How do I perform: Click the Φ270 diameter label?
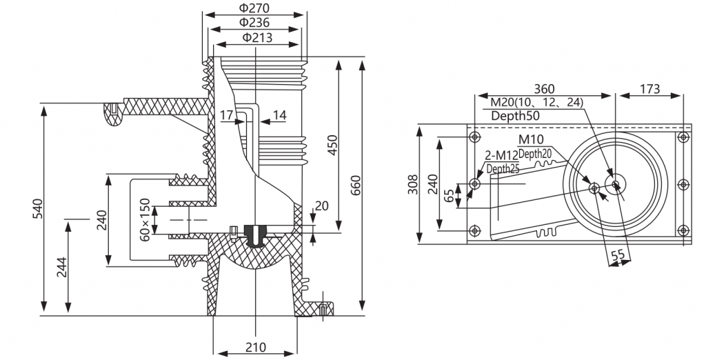click(x=254, y=8)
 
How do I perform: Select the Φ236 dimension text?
click(x=254, y=22)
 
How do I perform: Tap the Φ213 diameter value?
click(x=257, y=37)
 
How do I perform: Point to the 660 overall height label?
click(x=355, y=186)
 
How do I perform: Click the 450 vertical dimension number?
click(x=332, y=145)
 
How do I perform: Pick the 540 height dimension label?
click(x=38, y=209)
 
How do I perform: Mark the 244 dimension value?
click(x=61, y=268)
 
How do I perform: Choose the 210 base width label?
click(x=256, y=348)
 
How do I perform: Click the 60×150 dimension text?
click(x=145, y=219)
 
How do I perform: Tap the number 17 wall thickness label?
click(x=226, y=115)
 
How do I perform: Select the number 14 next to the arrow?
click(x=280, y=115)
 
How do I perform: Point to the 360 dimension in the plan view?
click(x=544, y=89)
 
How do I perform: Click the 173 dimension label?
click(x=649, y=89)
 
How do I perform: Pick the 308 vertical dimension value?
click(x=412, y=184)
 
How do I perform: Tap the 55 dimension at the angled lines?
click(x=618, y=254)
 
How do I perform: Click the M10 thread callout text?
click(x=532, y=139)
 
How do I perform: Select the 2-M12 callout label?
click(x=502, y=155)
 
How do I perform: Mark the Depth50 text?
click(x=515, y=116)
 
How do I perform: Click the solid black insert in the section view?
click(x=255, y=235)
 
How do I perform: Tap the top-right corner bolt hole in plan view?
click(x=683, y=137)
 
